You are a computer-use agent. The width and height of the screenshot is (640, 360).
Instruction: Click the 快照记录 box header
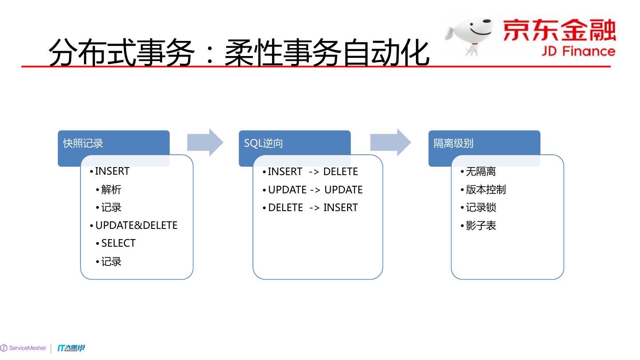83,143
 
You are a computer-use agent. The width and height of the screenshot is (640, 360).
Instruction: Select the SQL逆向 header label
263,143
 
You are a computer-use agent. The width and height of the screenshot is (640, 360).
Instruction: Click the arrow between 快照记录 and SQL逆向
205,142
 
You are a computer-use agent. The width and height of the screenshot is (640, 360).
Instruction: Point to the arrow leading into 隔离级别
391,142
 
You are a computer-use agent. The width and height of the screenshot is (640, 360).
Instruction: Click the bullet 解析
111,190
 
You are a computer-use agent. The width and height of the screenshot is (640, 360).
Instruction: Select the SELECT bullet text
118,243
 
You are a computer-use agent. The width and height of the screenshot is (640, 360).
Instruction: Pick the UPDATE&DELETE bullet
136,225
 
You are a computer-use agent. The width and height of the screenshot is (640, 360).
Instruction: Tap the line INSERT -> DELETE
312,172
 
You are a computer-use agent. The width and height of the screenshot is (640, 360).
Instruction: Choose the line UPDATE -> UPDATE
315,190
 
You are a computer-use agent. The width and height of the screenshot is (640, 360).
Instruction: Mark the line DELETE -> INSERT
312,208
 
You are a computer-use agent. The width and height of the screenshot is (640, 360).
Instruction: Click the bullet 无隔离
480,172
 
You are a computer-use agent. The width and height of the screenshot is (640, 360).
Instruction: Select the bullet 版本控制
485,190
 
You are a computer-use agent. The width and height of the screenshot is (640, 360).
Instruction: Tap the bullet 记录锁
480,208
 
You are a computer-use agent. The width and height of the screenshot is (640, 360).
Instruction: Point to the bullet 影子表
480,226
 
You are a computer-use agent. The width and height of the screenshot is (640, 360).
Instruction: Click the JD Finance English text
578,51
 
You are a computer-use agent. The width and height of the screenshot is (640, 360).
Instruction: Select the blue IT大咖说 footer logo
71,348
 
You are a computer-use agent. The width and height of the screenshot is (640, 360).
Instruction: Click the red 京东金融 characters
559,30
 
